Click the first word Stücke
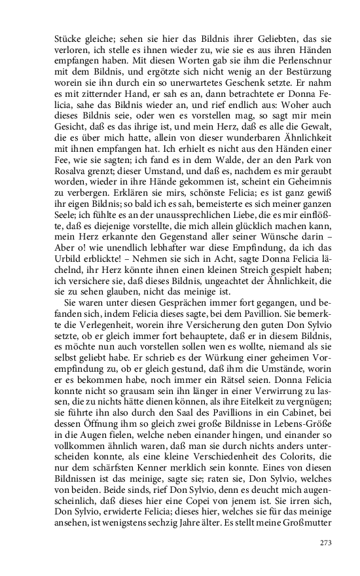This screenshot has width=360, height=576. [x=66, y=38]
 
